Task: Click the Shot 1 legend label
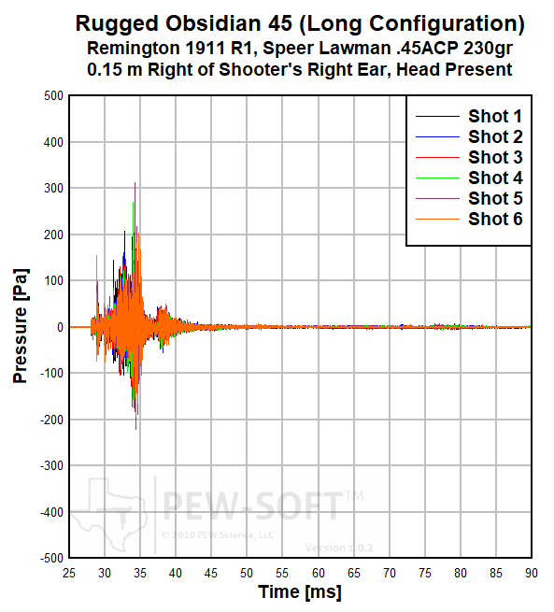(495, 116)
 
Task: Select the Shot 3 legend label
(495, 157)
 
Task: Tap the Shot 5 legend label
(495, 198)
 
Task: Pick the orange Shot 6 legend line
(437, 220)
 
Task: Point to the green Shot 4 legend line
(437, 178)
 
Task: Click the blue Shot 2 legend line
(437, 137)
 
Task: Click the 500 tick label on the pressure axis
(53, 95)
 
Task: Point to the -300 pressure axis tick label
(51, 465)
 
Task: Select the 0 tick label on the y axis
(60, 327)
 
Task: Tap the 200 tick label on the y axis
(53, 235)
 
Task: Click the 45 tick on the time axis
(211, 573)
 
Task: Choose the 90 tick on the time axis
(531, 573)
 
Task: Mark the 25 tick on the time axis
(69, 573)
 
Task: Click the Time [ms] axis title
(300, 592)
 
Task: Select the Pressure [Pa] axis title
(21, 326)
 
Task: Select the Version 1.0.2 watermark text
(339, 548)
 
